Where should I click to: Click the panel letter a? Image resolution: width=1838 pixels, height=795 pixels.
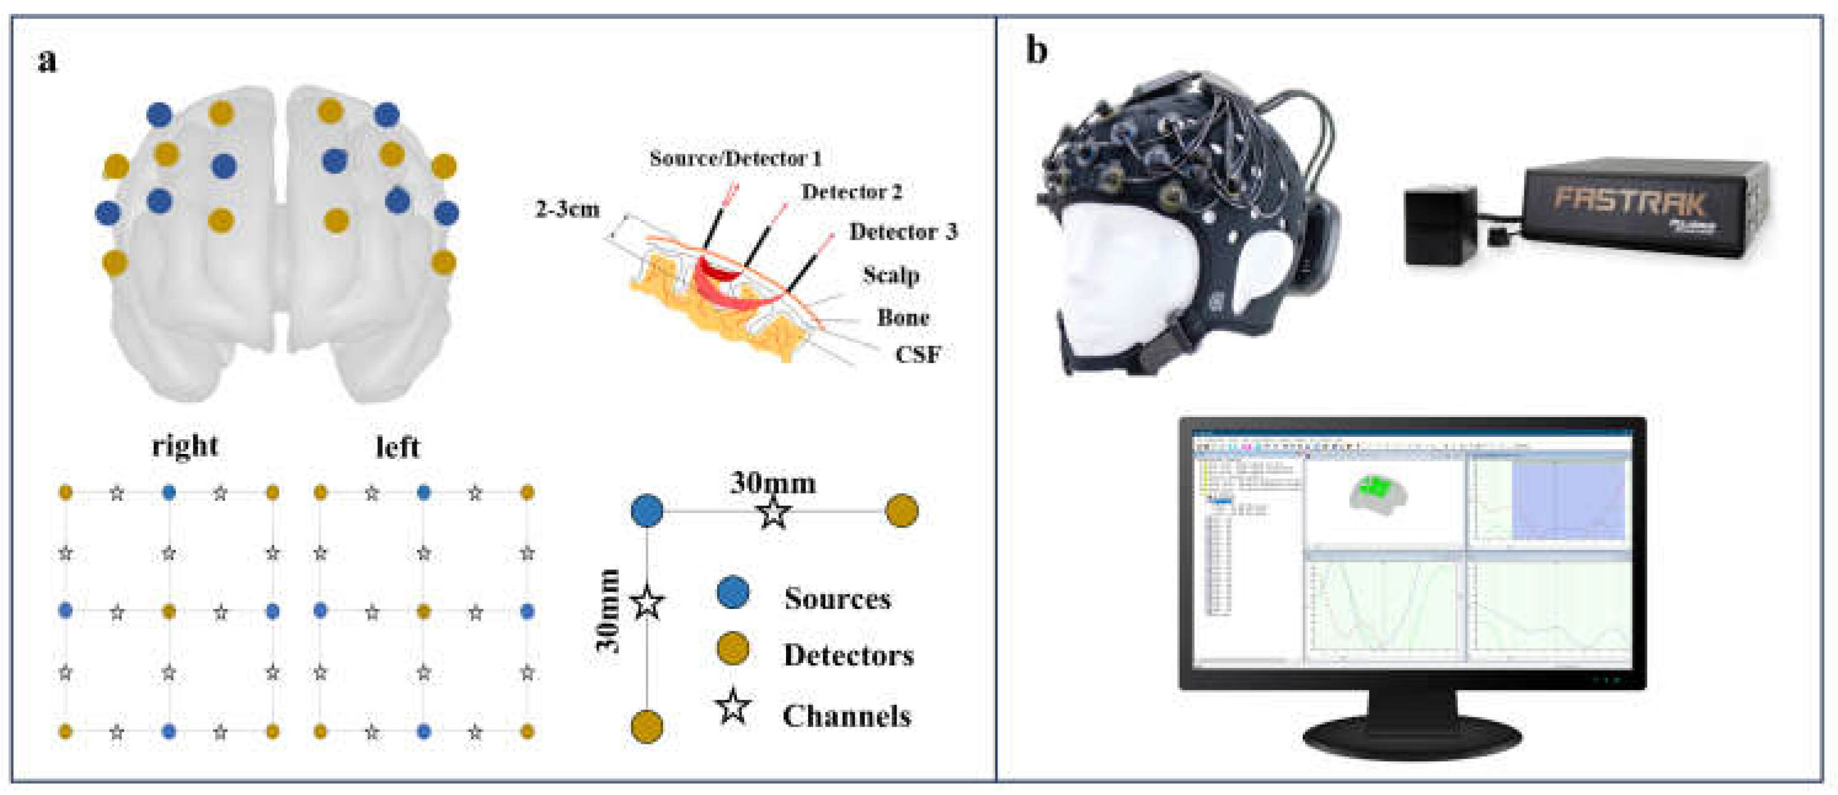point(47,61)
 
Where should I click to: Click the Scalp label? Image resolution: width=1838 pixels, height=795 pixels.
point(890,275)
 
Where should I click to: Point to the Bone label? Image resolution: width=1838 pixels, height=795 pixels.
point(903,318)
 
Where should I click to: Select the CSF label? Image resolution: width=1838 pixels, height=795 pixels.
point(918,354)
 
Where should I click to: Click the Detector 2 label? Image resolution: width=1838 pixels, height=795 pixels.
point(851,192)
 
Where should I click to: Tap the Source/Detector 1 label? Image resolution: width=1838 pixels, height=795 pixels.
point(735,159)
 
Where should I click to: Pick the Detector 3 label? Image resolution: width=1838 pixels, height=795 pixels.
point(903,232)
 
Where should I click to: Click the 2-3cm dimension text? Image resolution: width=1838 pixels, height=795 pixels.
point(567,210)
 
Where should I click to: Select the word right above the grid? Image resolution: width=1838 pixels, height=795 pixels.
point(185,446)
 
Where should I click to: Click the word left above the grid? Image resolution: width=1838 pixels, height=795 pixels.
point(398,447)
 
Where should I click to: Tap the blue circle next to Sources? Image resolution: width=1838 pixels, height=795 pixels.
point(732,593)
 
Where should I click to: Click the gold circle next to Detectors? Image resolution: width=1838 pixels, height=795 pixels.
point(732,649)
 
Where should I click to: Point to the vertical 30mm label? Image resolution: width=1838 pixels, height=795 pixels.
point(608,611)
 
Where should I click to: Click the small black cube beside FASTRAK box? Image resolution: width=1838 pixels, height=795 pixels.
point(1440,225)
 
